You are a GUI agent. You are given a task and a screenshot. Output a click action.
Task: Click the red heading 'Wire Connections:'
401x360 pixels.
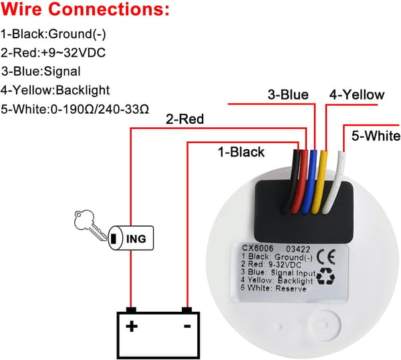pyautogui.click(x=85, y=9)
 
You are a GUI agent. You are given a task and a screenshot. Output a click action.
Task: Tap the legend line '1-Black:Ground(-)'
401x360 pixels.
pyautogui.click(x=53, y=34)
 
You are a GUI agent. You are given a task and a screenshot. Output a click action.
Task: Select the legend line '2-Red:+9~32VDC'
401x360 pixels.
pyautogui.click(x=53, y=53)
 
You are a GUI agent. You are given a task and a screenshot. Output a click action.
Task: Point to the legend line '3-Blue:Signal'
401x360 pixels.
pyautogui.click(x=41, y=72)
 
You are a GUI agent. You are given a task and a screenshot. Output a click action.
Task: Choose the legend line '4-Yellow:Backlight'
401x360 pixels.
pyautogui.click(x=55, y=90)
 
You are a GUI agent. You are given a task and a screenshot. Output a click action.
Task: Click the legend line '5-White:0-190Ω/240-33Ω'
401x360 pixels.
pyautogui.click(x=75, y=109)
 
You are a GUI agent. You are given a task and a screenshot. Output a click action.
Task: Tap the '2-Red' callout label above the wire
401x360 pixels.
pyautogui.click(x=184, y=119)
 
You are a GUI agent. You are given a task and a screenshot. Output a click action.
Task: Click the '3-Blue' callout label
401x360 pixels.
pyautogui.click(x=288, y=95)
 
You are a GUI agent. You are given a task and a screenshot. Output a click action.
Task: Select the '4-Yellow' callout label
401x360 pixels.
pyautogui.click(x=357, y=95)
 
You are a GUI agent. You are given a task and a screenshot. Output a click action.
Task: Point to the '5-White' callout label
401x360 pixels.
pyautogui.click(x=376, y=136)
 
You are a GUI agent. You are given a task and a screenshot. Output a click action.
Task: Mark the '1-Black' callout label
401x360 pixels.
pyautogui.click(x=241, y=152)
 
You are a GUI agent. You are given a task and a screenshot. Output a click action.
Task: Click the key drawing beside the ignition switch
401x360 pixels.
pyautogui.click(x=90, y=225)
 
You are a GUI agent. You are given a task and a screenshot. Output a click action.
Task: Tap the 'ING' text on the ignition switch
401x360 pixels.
pyautogui.click(x=136, y=239)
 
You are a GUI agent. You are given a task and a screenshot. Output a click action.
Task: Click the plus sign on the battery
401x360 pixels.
pyautogui.click(x=132, y=326)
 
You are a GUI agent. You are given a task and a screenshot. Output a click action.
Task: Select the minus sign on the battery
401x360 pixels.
pyautogui.click(x=187, y=326)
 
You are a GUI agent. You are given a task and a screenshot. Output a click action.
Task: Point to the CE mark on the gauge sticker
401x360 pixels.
pyautogui.click(x=326, y=257)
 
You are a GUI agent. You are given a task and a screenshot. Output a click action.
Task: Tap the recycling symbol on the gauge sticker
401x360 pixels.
pyautogui.click(x=326, y=276)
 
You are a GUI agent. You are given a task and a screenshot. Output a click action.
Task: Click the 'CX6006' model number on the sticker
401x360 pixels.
pyautogui.click(x=257, y=248)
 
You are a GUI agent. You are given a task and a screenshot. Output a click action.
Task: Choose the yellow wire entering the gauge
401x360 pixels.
pyautogui.click(x=320, y=181)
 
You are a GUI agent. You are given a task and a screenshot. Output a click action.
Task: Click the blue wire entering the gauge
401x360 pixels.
pyautogui.click(x=309, y=181)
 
